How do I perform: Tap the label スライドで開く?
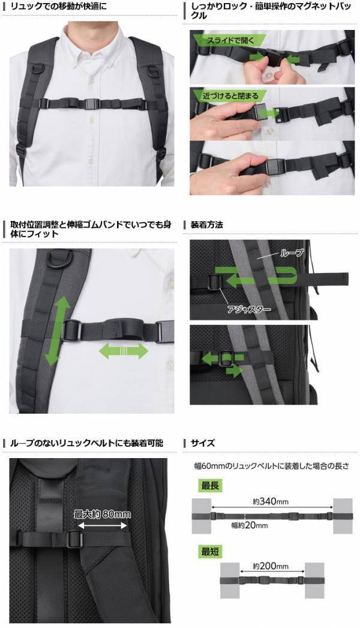[x=230, y=41]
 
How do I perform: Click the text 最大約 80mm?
[x=101, y=514]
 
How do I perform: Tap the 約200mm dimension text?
[x=271, y=566]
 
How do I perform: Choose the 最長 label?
[x=210, y=486]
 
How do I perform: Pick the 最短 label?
[x=210, y=550]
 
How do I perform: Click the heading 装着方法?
[x=206, y=225]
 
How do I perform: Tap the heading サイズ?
[x=202, y=443]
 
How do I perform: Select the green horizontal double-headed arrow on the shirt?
[x=122, y=351]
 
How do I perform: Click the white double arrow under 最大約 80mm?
[x=101, y=525]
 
